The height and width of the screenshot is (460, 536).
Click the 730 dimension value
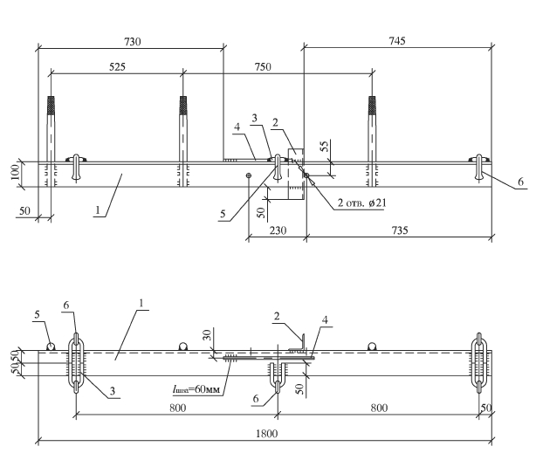132,41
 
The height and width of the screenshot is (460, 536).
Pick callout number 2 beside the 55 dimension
275,124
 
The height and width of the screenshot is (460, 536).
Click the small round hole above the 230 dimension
249,175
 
